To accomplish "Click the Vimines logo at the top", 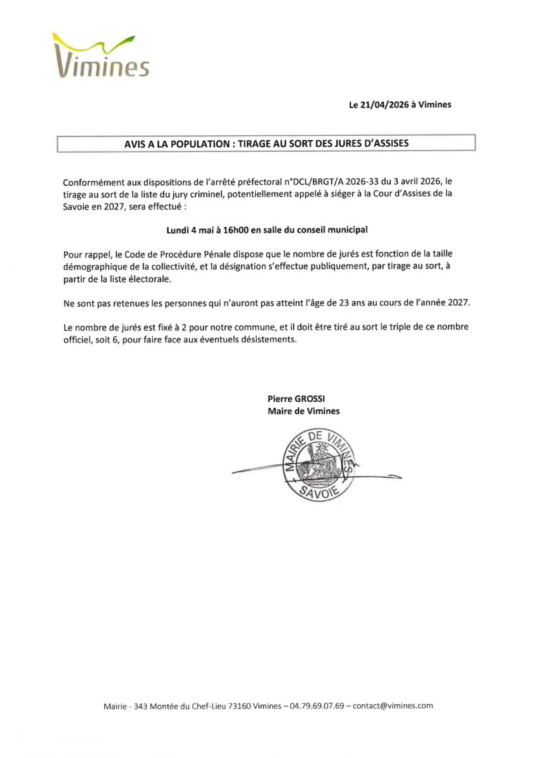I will click(102, 57).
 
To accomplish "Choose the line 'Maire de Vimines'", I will click(303, 411).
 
